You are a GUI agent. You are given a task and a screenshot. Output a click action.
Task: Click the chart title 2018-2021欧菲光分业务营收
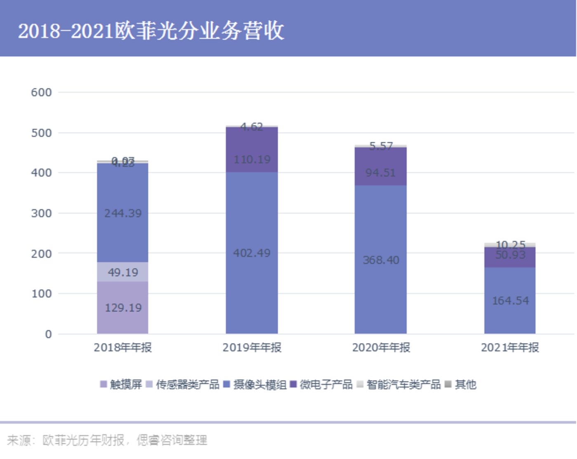click(151, 31)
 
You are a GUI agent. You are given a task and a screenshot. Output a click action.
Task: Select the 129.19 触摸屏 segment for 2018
click(123, 308)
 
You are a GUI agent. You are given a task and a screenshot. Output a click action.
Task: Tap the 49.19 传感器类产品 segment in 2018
click(123, 272)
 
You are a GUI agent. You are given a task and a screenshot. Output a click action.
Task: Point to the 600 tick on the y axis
click(42, 92)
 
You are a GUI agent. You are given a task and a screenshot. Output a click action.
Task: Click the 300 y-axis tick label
click(42, 213)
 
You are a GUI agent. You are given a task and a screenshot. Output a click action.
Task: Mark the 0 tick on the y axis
click(49, 334)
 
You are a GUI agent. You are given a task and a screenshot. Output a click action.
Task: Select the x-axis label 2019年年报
click(252, 348)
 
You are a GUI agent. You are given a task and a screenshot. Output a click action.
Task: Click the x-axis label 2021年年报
click(510, 348)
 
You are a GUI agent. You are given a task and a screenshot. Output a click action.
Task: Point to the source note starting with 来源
click(107, 440)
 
